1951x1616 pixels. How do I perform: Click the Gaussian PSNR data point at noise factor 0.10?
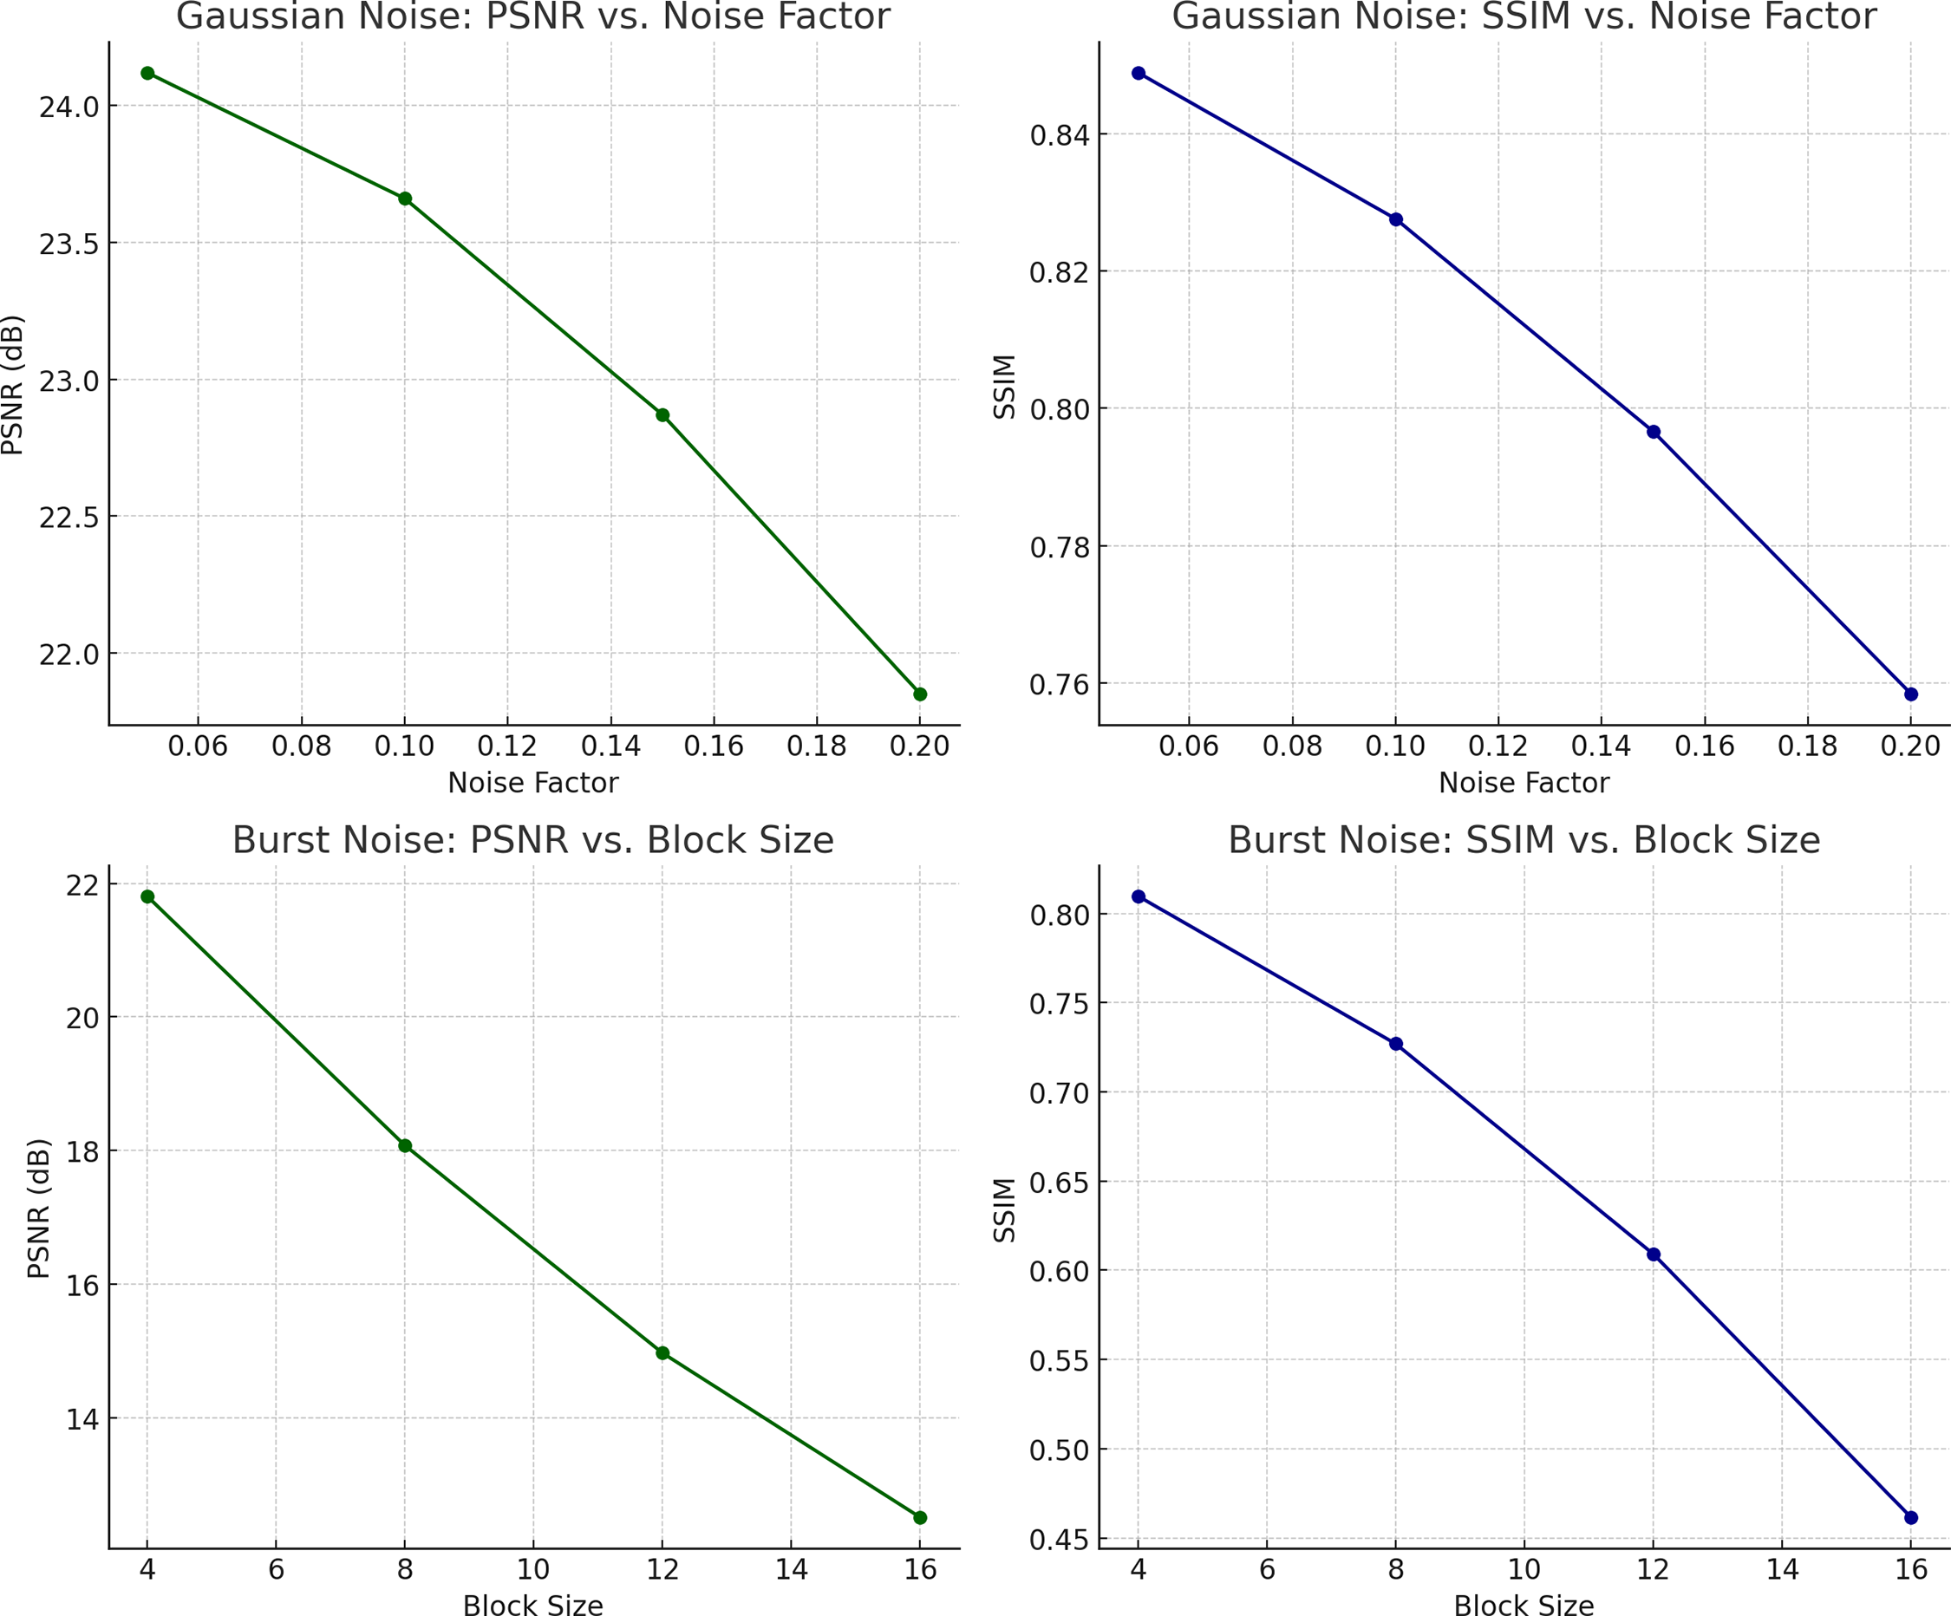click(405, 199)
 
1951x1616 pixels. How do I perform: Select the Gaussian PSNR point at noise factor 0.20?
click(920, 694)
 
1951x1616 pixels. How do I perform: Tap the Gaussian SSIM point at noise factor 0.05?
click(1138, 74)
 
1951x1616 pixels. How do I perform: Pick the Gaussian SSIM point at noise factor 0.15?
click(1653, 432)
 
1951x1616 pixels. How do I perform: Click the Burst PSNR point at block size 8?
click(405, 1146)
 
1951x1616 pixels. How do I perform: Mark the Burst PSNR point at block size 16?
click(920, 1517)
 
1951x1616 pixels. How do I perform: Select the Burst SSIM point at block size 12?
click(1653, 1254)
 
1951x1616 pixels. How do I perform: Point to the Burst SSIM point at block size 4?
click(1138, 896)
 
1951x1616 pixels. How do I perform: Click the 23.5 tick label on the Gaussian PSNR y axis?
click(69, 244)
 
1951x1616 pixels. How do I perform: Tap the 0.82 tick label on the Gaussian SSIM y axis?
click(1059, 272)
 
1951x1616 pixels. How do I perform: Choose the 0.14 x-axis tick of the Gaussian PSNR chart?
click(610, 746)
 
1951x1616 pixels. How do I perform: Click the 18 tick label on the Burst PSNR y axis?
click(82, 1151)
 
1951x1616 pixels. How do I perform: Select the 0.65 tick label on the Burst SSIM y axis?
click(1059, 1183)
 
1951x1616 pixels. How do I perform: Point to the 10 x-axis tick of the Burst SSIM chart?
click(1524, 1569)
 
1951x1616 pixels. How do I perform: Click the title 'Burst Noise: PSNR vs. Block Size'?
click(532, 840)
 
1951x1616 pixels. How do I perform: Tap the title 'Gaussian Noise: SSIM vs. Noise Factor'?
click(1524, 16)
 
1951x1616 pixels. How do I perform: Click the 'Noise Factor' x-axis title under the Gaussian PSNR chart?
click(532, 783)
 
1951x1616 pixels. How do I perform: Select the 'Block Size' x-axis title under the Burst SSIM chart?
click(1524, 1605)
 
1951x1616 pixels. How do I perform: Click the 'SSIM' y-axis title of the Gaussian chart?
click(1004, 387)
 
